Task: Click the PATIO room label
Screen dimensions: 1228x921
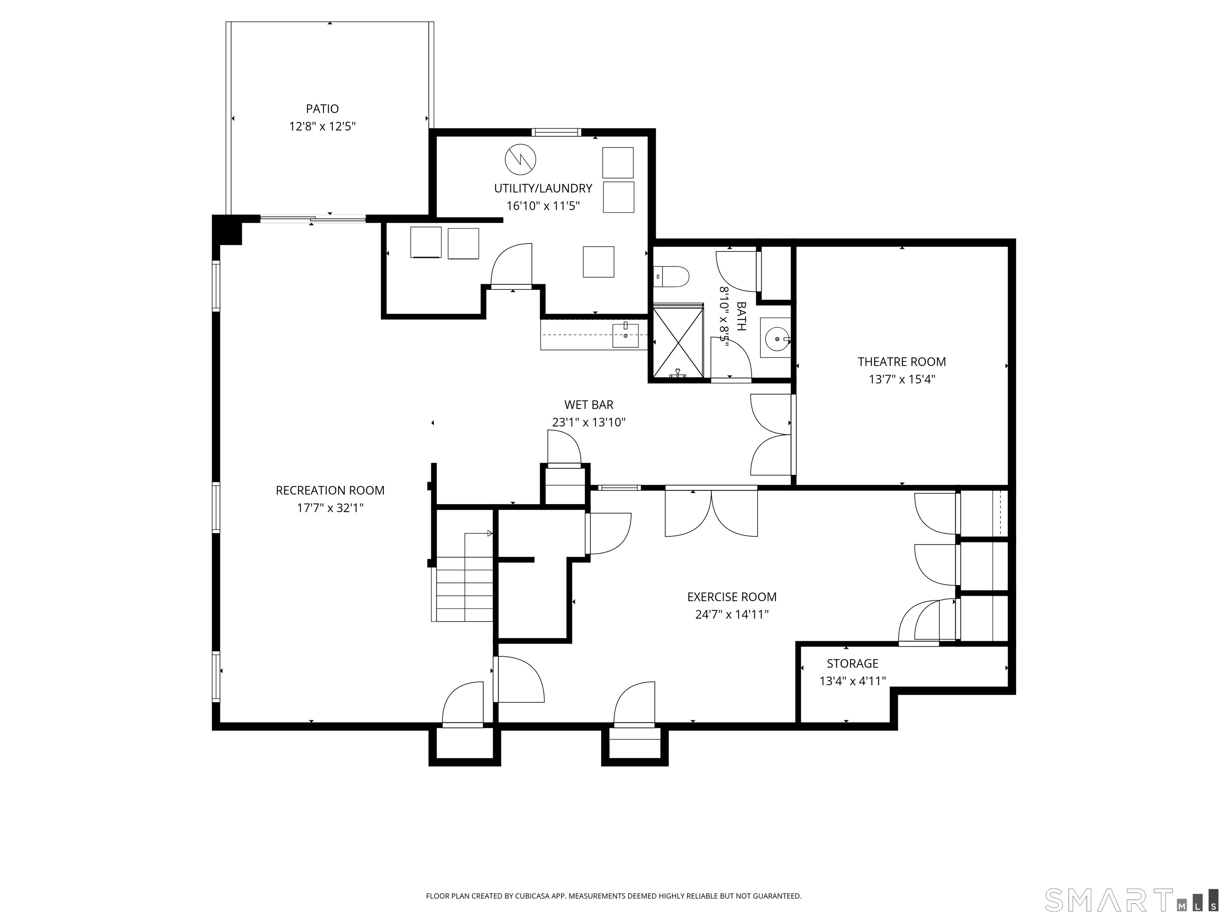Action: [x=322, y=109]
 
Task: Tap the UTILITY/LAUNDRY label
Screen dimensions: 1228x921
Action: [x=543, y=188]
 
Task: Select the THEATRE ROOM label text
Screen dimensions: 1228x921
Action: [x=901, y=362]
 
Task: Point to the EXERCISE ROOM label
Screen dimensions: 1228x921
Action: [x=732, y=597]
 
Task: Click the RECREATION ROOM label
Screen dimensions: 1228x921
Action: [x=330, y=490]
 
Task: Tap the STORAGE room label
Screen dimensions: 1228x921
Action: [x=852, y=664]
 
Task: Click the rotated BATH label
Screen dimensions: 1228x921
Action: [x=741, y=317]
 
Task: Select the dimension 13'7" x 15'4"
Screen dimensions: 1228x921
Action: [x=901, y=380]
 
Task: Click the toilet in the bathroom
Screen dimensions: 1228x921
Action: [x=671, y=276]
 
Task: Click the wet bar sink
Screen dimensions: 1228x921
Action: [x=626, y=335]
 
